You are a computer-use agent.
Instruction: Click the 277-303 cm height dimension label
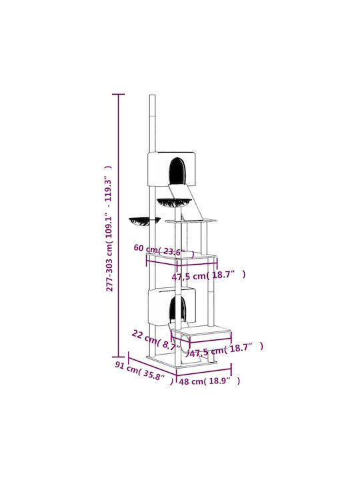tap(109, 229)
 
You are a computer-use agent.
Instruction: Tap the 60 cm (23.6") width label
tap(164, 251)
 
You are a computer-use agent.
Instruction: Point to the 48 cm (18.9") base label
tap(209, 381)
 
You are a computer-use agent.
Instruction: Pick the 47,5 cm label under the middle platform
tap(209, 275)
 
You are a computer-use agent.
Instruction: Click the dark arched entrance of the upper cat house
tap(177, 170)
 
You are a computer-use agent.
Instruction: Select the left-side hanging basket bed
tap(145, 221)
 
